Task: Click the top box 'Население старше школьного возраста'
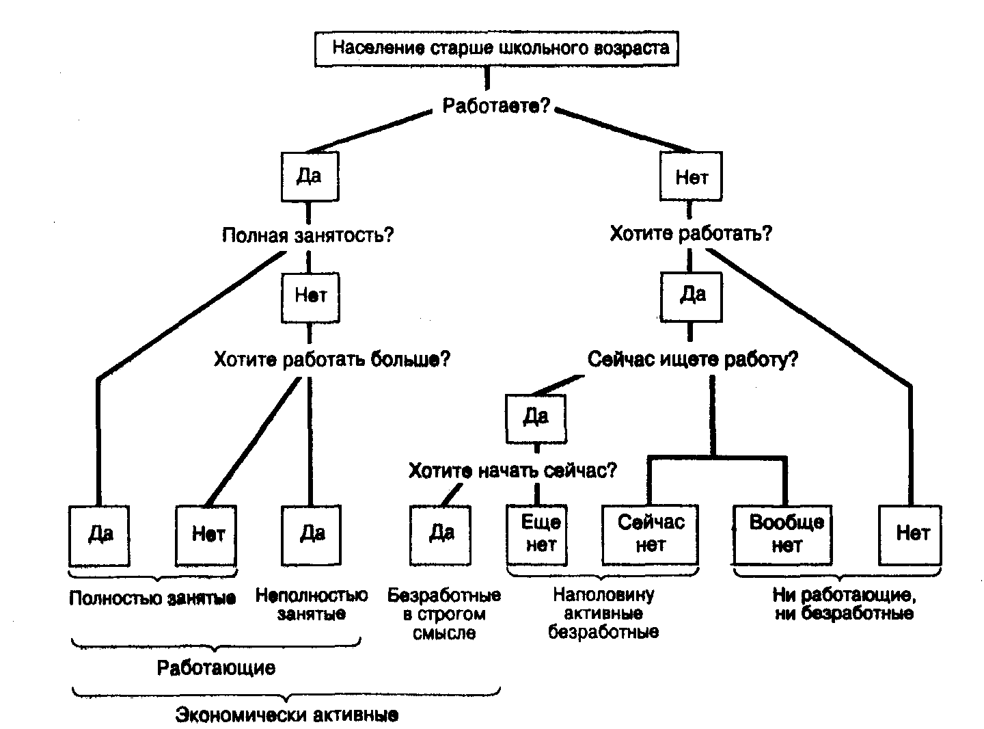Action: [x=497, y=49]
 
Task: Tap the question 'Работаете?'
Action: [x=497, y=107]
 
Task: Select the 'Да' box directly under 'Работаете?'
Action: [x=310, y=176]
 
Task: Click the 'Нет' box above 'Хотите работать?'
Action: [x=691, y=178]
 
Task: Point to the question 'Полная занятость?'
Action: [x=308, y=236]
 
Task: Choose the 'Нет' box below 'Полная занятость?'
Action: [x=310, y=295]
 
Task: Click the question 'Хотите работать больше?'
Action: [x=332, y=360]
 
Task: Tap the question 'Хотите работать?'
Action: [x=691, y=235]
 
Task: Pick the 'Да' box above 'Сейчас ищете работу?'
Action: [x=692, y=295]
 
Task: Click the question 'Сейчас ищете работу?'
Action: [x=692, y=360]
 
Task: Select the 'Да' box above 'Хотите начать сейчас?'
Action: [x=536, y=417]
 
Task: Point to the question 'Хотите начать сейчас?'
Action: [x=512, y=471]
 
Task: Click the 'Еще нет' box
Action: [x=538, y=534]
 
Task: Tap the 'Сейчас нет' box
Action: [x=650, y=534]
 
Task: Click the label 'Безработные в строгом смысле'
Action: [x=444, y=614]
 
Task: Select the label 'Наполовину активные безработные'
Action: [x=604, y=613]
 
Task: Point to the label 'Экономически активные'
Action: [x=287, y=715]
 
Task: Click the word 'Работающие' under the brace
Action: [x=216, y=668]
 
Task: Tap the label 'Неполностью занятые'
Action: [x=312, y=605]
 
